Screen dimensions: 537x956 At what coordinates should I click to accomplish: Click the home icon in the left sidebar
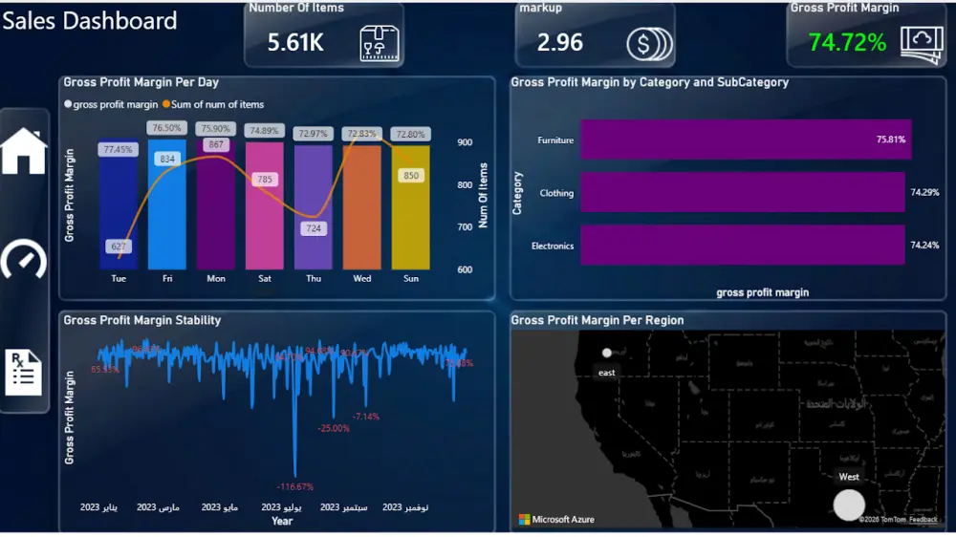coord(24,151)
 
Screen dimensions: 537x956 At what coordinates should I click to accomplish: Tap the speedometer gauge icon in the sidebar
coord(24,259)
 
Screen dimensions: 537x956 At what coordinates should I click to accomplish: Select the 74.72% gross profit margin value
coord(847,43)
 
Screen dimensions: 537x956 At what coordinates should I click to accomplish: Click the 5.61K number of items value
coord(295,43)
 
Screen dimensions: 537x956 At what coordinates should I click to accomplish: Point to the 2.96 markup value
coord(559,43)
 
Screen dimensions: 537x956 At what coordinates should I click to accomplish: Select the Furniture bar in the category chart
coord(746,140)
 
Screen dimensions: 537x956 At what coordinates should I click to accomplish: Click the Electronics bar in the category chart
coord(742,246)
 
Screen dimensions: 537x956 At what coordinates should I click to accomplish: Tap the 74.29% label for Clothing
coord(924,193)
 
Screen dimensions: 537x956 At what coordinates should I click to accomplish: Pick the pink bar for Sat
coord(265,205)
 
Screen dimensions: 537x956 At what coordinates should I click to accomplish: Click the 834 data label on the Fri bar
coord(167,159)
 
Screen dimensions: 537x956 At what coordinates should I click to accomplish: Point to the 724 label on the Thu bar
coord(314,229)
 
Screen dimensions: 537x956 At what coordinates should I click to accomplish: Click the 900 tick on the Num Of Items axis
coord(465,142)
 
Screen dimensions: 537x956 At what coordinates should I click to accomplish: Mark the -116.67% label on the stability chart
coord(294,486)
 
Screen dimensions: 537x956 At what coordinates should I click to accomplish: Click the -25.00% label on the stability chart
coord(334,428)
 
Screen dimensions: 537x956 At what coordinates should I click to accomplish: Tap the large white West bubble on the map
coord(849,505)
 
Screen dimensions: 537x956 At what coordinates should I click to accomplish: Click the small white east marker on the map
coord(606,354)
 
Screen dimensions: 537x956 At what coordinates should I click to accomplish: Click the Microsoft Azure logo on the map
coord(556,520)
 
